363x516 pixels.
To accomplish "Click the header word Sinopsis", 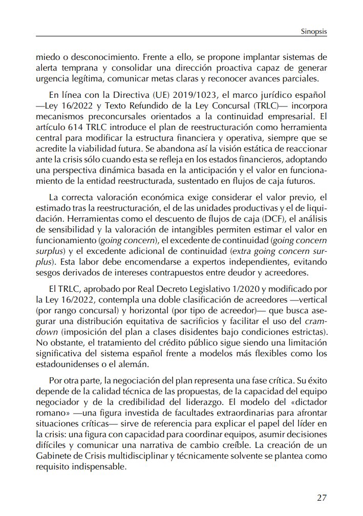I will click(312, 32).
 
